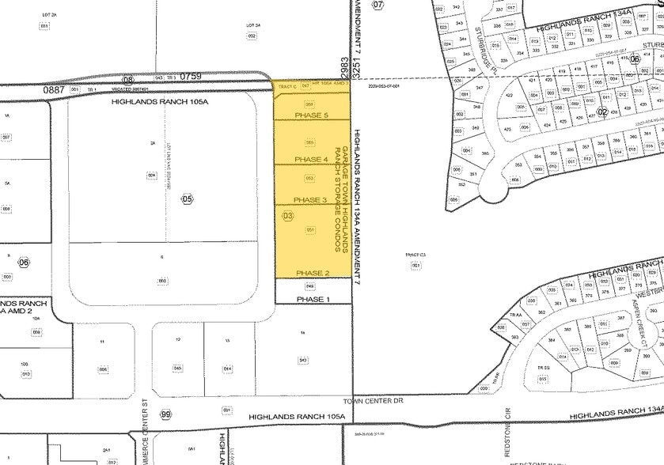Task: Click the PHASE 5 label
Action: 311,115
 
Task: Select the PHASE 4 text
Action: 311,159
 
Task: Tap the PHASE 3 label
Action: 311,199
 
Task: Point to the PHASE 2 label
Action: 311,273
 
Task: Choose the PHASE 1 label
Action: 311,300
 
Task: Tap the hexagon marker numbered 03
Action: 287,216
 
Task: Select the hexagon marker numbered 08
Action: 128,80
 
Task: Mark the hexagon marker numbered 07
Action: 378,5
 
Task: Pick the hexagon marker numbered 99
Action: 165,415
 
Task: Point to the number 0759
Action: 192,77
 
